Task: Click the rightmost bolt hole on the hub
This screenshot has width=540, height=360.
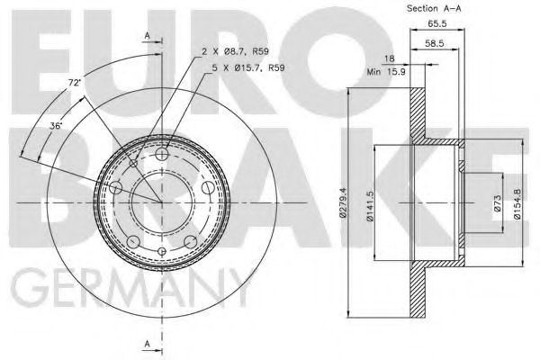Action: [x=207, y=189]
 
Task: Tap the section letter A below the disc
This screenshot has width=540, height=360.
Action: [x=148, y=343]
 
